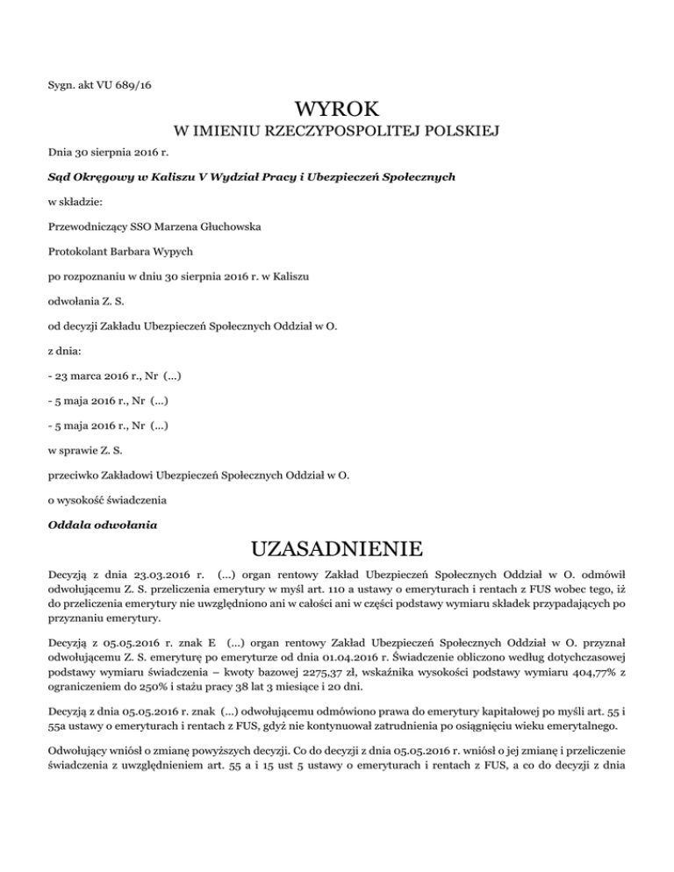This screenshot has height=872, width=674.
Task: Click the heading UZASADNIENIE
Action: [x=337, y=550]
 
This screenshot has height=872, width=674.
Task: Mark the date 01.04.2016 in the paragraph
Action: [x=396, y=677]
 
